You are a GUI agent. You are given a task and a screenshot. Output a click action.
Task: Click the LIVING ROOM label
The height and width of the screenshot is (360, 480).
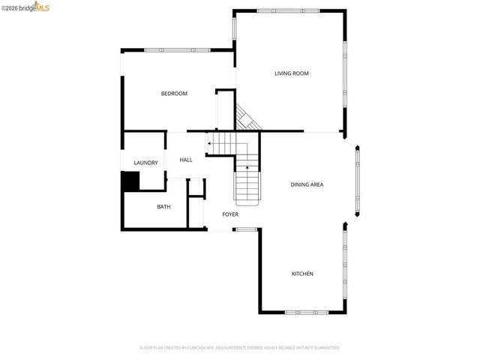pos(292,73)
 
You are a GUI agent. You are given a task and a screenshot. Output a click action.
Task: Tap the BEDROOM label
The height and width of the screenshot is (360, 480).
pos(174,94)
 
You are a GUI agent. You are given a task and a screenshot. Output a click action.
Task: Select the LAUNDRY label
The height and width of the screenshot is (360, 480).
pos(145,163)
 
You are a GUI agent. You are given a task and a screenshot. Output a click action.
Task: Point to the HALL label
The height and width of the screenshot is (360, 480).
pos(186,160)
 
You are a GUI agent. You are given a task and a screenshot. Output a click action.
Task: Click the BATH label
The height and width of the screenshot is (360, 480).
pos(163,207)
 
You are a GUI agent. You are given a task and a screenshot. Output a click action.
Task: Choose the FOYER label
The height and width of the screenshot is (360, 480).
pos(230,214)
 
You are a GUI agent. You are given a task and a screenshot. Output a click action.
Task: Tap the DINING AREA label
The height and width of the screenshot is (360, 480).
pos(307,184)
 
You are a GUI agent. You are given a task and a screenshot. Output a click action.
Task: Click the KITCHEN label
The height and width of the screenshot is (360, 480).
pos(302,274)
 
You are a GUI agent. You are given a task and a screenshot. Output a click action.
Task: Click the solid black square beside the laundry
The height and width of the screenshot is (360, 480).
pos(130,181)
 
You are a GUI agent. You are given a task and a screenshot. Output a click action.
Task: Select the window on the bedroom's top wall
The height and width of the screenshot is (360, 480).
pos(177,50)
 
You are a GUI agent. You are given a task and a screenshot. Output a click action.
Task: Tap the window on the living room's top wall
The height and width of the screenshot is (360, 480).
pos(288,10)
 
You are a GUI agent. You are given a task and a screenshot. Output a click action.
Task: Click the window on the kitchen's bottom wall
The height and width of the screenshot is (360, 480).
pos(306,312)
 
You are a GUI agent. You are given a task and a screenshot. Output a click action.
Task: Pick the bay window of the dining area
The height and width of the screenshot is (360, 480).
pos(358,180)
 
